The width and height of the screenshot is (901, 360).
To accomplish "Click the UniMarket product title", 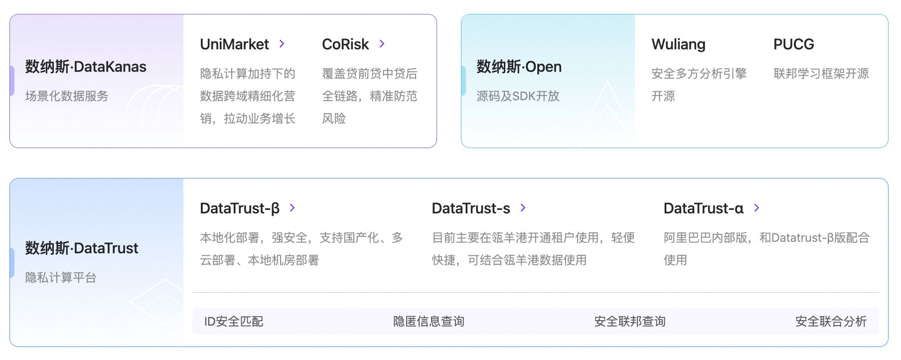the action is (x=234, y=44).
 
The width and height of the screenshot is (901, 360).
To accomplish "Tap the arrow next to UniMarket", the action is (x=282, y=44).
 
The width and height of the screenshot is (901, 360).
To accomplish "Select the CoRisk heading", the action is (x=345, y=44).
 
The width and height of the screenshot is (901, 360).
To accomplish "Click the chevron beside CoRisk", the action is (x=382, y=44).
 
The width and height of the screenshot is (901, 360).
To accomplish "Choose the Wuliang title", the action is (x=678, y=44).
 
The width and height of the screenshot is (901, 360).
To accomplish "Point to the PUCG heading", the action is (x=793, y=44).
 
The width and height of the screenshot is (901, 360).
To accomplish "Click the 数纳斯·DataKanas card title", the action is (x=86, y=67).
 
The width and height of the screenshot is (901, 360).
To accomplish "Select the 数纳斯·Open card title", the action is (x=519, y=67).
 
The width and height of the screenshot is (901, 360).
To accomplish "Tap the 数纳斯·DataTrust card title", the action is (x=82, y=248).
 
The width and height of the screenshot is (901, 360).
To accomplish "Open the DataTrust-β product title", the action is (x=240, y=208).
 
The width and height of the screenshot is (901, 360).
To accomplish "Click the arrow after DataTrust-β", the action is (x=293, y=208).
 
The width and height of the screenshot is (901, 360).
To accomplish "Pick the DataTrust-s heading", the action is (x=471, y=208).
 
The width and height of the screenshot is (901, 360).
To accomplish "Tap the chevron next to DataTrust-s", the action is (x=523, y=208).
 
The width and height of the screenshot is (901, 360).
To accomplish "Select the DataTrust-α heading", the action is (x=704, y=208).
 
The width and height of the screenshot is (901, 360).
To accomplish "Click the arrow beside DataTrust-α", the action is (x=757, y=208).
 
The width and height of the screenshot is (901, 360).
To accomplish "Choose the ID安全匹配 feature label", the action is (x=234, y=322).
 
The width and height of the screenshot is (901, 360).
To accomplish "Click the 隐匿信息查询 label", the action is (x=429, y=322).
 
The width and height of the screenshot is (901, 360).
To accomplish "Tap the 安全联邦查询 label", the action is (x=630, y=322).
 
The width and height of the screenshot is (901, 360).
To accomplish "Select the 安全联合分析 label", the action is (x=831, y=322).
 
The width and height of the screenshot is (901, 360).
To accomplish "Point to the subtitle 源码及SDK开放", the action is (x=518, y=96).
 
